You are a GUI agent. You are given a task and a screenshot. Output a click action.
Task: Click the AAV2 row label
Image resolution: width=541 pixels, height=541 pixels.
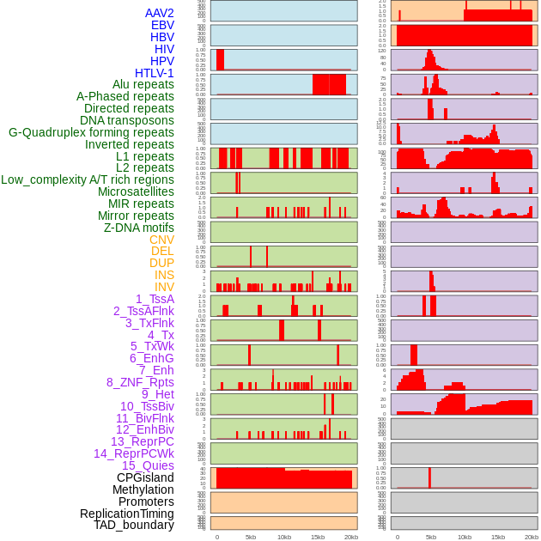(x=159, y=13)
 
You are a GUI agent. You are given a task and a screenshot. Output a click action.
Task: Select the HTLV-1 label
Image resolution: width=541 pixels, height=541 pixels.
(x=154, y=73)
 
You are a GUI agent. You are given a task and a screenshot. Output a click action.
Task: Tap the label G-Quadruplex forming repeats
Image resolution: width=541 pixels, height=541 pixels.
(x=91, y=132)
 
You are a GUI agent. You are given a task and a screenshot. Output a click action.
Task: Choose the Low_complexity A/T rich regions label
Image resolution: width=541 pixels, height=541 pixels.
(x=88, y=179)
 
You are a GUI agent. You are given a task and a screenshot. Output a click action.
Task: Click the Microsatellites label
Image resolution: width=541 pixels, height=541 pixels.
(x=136, y=191)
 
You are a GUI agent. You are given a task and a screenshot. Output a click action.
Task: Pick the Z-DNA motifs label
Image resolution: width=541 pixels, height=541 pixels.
(x=138, y=228)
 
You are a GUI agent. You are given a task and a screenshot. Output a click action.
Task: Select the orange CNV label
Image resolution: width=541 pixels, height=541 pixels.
(x=161, y=240)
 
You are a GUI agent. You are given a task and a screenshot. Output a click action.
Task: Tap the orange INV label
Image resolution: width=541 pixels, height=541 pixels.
(x=164, y=287)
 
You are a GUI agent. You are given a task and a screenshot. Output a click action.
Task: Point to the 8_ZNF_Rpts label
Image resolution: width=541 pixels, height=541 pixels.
(x=140, y=382)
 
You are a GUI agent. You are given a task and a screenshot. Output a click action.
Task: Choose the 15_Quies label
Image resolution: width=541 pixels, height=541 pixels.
(x=148, y=465)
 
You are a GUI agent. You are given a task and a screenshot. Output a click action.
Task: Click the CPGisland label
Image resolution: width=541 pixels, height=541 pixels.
(x=145, y=477)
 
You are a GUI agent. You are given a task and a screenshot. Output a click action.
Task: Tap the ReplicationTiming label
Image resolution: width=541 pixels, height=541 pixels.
(x=126, y=514)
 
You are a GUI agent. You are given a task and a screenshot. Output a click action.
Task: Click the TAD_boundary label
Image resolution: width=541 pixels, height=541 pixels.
(x=133, y=525)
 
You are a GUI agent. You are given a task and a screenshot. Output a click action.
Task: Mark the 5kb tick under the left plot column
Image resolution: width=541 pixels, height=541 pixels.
(x=251, y=538)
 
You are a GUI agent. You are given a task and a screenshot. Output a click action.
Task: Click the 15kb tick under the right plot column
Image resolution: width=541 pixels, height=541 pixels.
(x=498, y=538)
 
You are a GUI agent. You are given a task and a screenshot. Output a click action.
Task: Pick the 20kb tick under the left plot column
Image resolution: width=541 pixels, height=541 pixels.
(x=350, y=538)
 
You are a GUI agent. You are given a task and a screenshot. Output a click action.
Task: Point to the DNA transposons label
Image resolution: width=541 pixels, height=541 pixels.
(x=127, y=120)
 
